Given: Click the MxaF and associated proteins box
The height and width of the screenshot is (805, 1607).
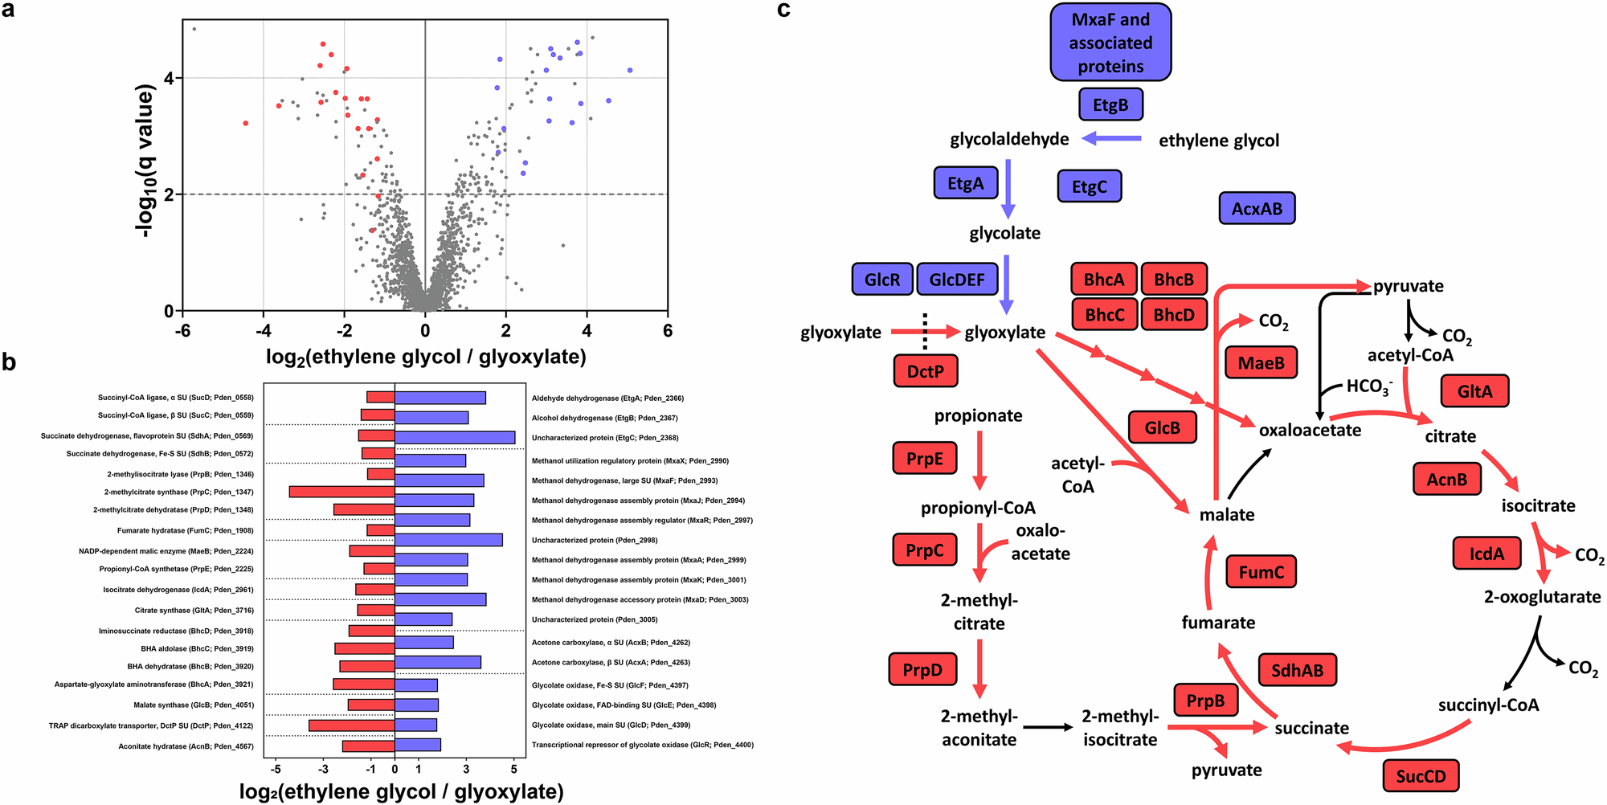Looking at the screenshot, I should point(1110,43).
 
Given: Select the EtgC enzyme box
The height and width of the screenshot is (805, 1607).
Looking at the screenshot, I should point(1089,186).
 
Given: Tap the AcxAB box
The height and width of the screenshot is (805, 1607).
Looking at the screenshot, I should point(1257,209).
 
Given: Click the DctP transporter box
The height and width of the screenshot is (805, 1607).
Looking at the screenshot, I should point(925,371).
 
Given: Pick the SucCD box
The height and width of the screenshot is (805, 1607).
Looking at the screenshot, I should point(1421,776).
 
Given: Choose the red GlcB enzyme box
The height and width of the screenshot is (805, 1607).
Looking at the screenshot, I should point(1162,428).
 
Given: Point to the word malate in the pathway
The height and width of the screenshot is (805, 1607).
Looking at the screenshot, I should point(1226,514).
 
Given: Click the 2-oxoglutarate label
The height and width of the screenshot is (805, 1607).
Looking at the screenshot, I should point(1542,597).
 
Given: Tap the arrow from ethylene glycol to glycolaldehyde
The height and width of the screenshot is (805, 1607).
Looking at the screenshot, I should point(1112,138).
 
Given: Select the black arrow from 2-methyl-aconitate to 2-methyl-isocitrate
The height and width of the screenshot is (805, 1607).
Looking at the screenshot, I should point(1048,727).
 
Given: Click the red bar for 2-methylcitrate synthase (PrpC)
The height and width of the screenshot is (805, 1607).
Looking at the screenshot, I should point(341,492).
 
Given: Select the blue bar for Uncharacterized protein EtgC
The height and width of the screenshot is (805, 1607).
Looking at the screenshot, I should point(455,437).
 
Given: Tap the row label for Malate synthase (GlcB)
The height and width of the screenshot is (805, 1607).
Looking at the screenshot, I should point(194,705).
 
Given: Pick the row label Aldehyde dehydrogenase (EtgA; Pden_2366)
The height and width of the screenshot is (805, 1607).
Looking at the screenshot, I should point(607,398).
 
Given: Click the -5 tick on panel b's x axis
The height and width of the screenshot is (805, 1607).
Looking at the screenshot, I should point(276,769).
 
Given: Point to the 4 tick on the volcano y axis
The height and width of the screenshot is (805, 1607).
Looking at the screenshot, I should point(169,79).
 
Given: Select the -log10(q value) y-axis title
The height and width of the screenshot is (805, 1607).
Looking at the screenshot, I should point(145,161).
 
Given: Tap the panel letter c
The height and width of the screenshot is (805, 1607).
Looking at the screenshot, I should point(783,10).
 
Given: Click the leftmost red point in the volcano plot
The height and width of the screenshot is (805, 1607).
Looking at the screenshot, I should point(246,123).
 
